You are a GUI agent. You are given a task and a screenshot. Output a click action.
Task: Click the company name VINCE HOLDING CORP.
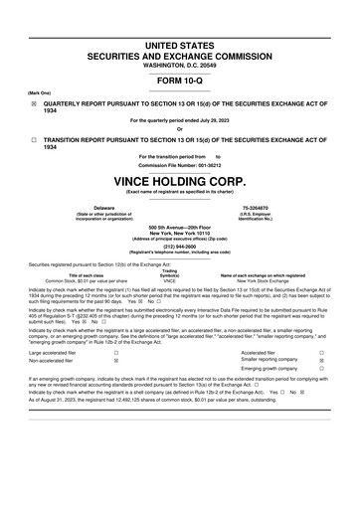[x=179, y=182]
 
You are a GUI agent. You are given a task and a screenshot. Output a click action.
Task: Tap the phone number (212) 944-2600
[x=180, y=247]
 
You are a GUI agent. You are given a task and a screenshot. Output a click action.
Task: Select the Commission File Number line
[x=179, y=164]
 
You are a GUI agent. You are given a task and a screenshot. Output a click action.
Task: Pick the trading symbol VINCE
[x=170, y=281]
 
